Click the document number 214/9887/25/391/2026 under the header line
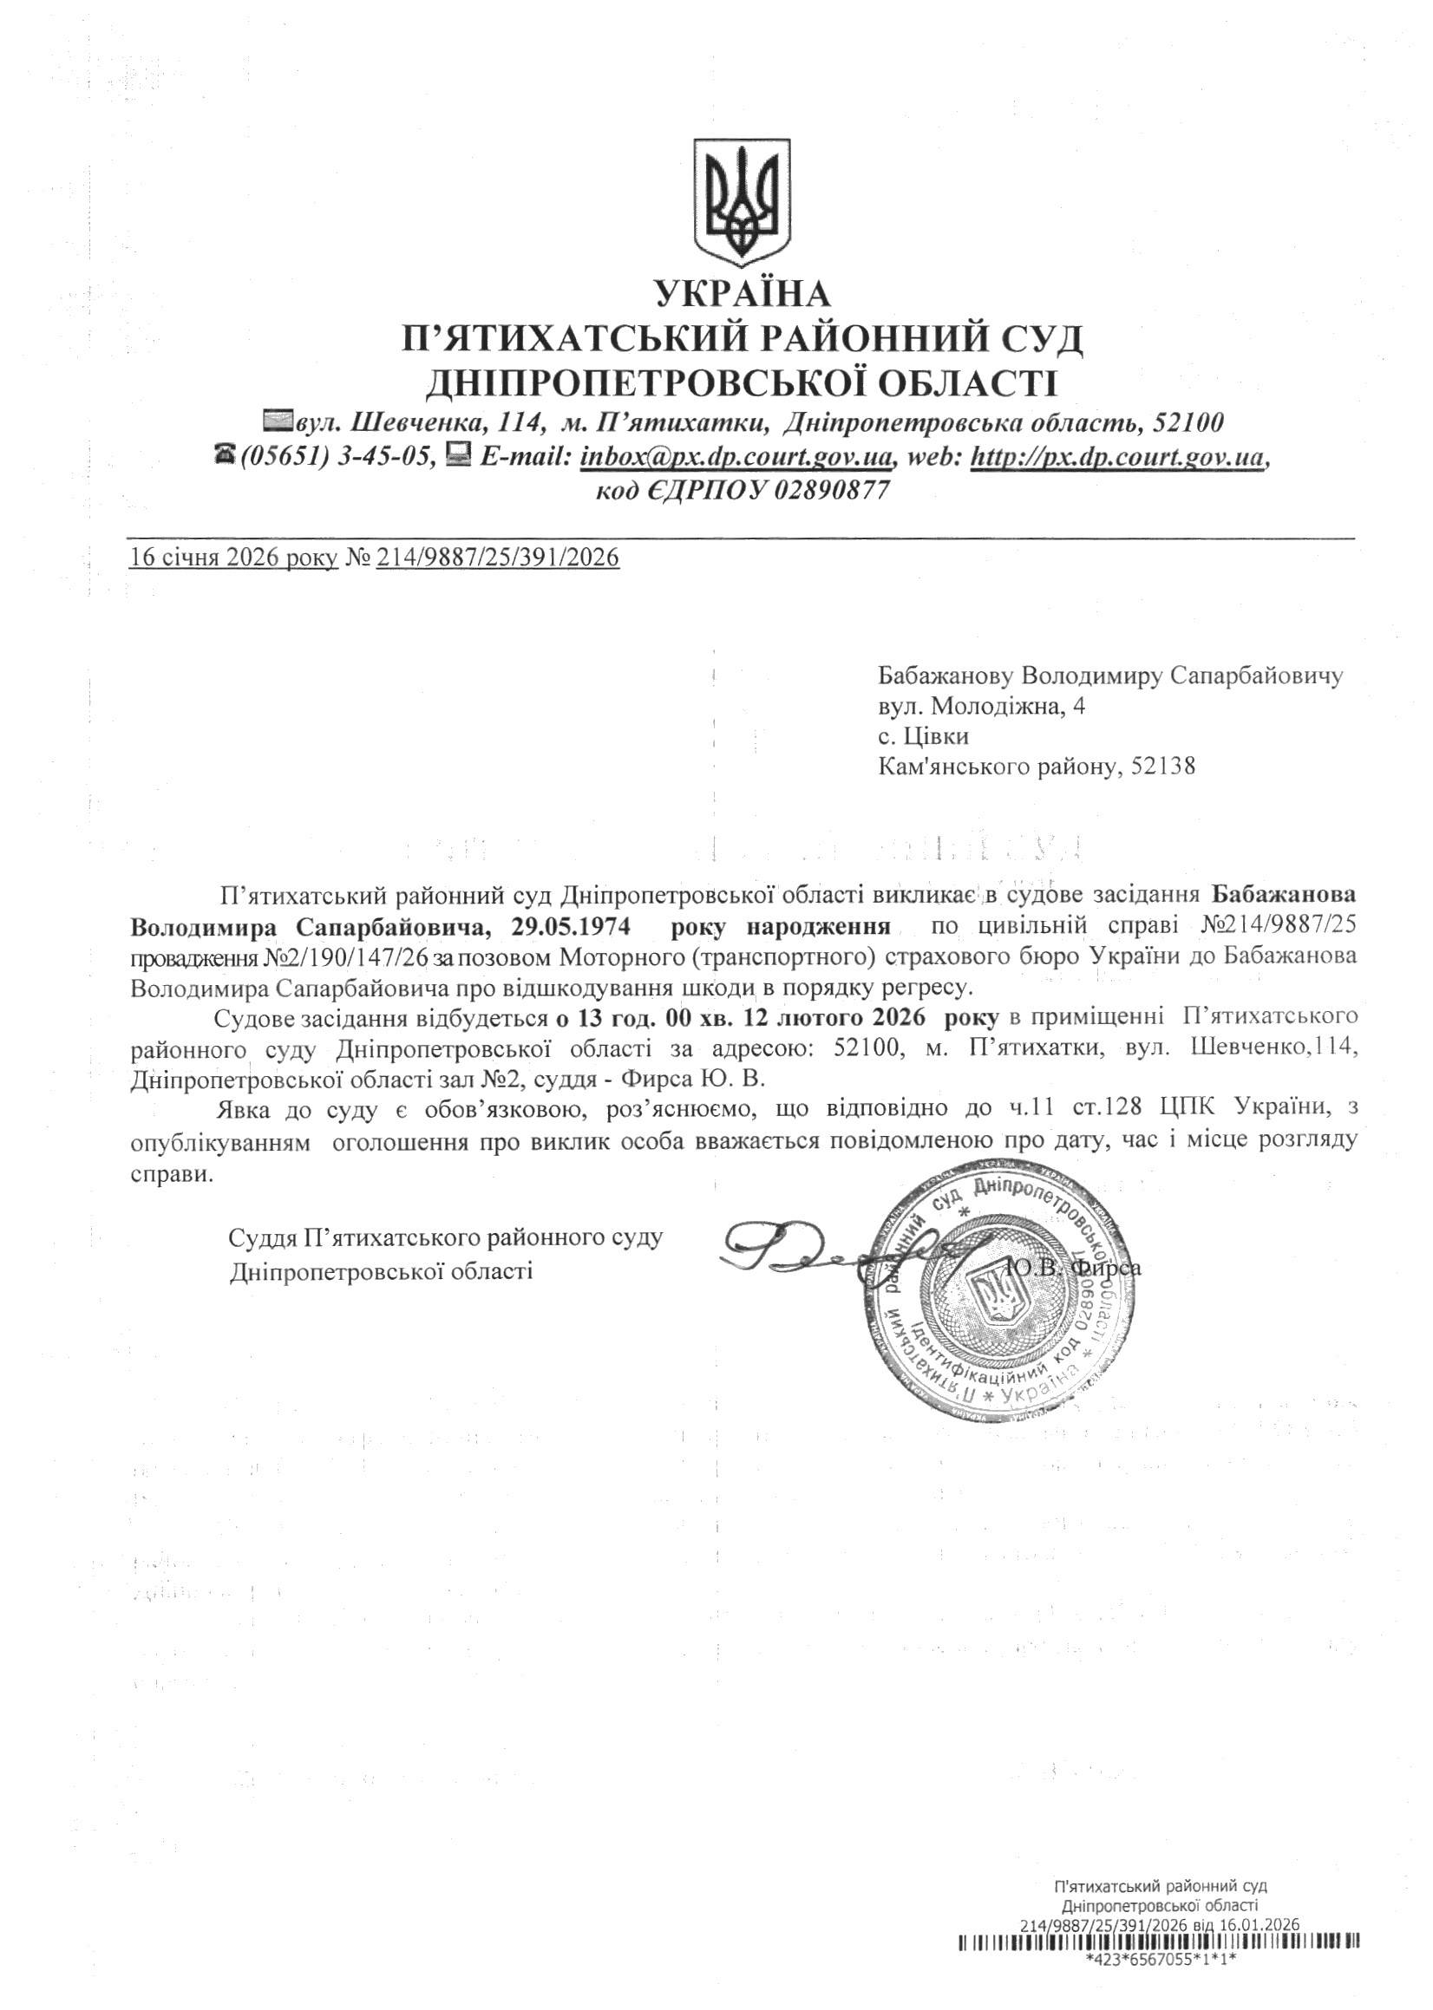click(498, 558)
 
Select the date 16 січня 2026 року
click(233, 558)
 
